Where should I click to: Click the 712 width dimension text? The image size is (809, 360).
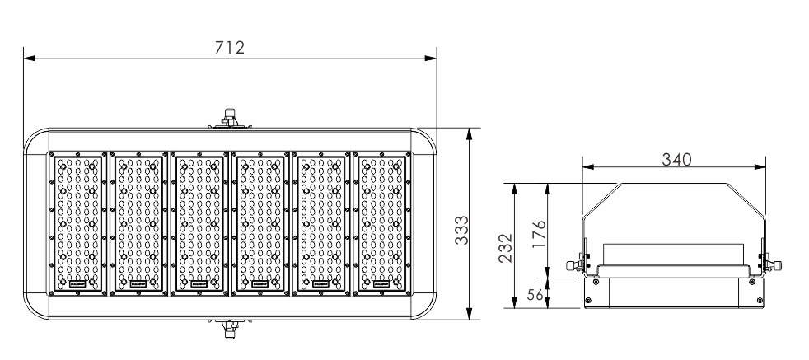[230, 48]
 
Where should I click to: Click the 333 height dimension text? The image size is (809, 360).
[462, 230]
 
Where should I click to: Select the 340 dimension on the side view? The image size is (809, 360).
[676, 159]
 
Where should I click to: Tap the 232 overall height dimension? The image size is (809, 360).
[506, 248]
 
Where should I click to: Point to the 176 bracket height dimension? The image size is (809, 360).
[539, 235]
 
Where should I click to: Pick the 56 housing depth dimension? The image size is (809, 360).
[535, 295]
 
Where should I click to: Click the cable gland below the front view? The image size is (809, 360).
[228, 328]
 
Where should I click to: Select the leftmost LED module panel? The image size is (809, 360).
[78, 224]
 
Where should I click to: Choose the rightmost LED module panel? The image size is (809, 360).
[382, 224]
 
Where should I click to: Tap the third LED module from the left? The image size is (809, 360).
[199, 224]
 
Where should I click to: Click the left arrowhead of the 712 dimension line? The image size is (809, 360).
[30, 58]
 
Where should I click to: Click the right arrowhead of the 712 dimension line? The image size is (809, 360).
[431, 58]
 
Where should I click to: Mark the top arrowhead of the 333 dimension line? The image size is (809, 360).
[469, 134]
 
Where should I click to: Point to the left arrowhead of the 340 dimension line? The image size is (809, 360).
[588, 166]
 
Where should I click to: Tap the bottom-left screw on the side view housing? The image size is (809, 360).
[587, 300]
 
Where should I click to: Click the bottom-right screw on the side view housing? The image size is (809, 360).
[760, 300]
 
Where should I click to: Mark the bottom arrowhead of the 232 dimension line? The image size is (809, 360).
[514, 302]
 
